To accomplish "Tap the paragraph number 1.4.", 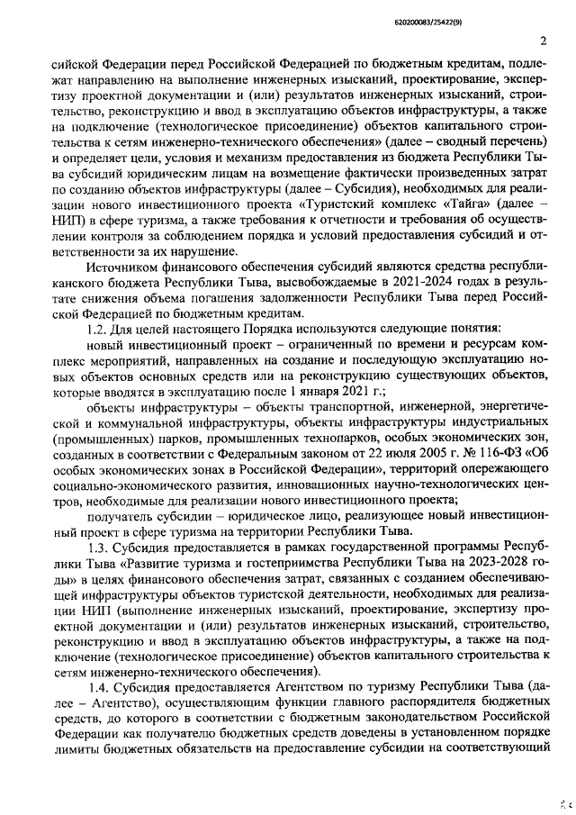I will click(x=98, y=687).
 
